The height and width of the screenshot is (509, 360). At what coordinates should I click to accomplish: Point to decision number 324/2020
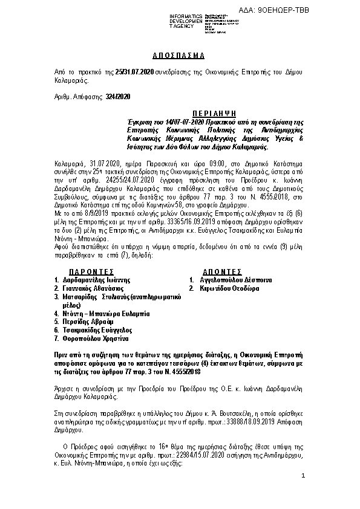click(118, 96)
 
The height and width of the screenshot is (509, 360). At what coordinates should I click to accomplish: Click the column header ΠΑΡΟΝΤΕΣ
click(93, 273)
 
